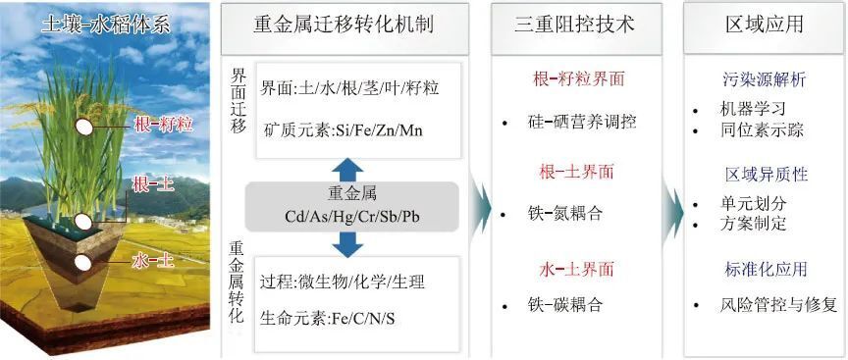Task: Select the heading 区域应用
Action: (x=763, y=25)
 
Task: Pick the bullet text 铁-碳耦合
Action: (x=562, y=305)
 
